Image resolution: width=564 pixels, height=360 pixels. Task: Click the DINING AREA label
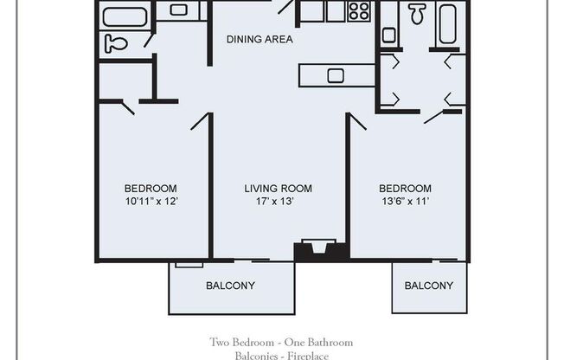[260, 39]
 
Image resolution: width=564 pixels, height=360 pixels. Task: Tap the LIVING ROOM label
[278, 189]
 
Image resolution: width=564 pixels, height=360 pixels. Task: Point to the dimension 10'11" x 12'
[151, 202]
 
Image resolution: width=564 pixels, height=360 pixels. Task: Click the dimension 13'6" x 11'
[405, 202]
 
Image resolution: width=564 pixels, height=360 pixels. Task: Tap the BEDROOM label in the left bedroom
[151, 189]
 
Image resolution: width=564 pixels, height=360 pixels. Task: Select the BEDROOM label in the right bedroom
[405, 189]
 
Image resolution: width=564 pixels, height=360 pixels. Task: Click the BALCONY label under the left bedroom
[230, 286]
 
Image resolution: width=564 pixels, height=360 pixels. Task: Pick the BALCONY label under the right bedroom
[429, 286]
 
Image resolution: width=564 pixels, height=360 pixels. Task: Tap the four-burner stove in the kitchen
[359, 10]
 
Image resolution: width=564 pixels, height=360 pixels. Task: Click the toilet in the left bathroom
[115, 43]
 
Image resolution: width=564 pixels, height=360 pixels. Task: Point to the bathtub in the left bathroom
[125, 16]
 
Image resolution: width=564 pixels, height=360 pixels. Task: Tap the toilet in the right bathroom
[417, 12]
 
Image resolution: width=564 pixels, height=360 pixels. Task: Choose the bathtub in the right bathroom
[447, 23]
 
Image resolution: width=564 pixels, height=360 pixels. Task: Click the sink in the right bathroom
[388, 35]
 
